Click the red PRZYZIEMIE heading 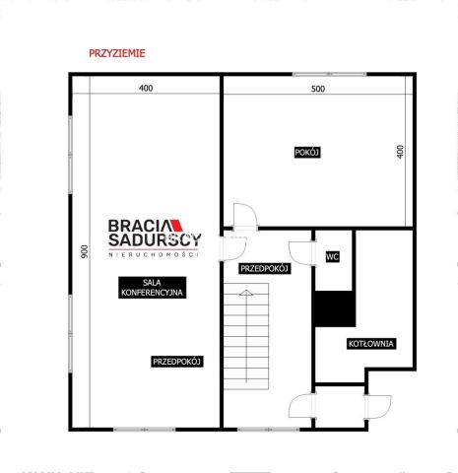pyautogui.click(x=117, y=53)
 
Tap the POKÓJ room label pyautogui.click(x=307, y=153)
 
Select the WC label pyautogui.click(x=332, y=256)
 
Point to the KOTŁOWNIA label pyautogui.click(x=371, y=344)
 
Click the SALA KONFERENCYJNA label pyautogui.click(x=152, y=288)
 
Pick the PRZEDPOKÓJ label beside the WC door pyautogui.click(x=264, y=269)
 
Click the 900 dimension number pyautogui.click(x=85, y=251)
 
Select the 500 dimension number pyautogui.click(x=318, y=89)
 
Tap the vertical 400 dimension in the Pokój pyautogui.click(x=400, y=152)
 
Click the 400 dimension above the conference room pyautogui.click(x=146, y=88)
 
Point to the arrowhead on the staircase pyautogui.click(x=245, y=293)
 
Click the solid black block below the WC pyautogui.click(x=335, y=308)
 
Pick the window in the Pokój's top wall pyautogui.click(x=329, y=74)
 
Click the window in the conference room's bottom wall pyautogui.click(x=145, y=430)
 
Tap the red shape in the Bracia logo pyautogui.click(x=177, y=226)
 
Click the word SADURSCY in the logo pyautogui.click(x=155, y=240)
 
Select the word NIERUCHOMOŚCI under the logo pyautogui.click(x=154, y=254)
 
